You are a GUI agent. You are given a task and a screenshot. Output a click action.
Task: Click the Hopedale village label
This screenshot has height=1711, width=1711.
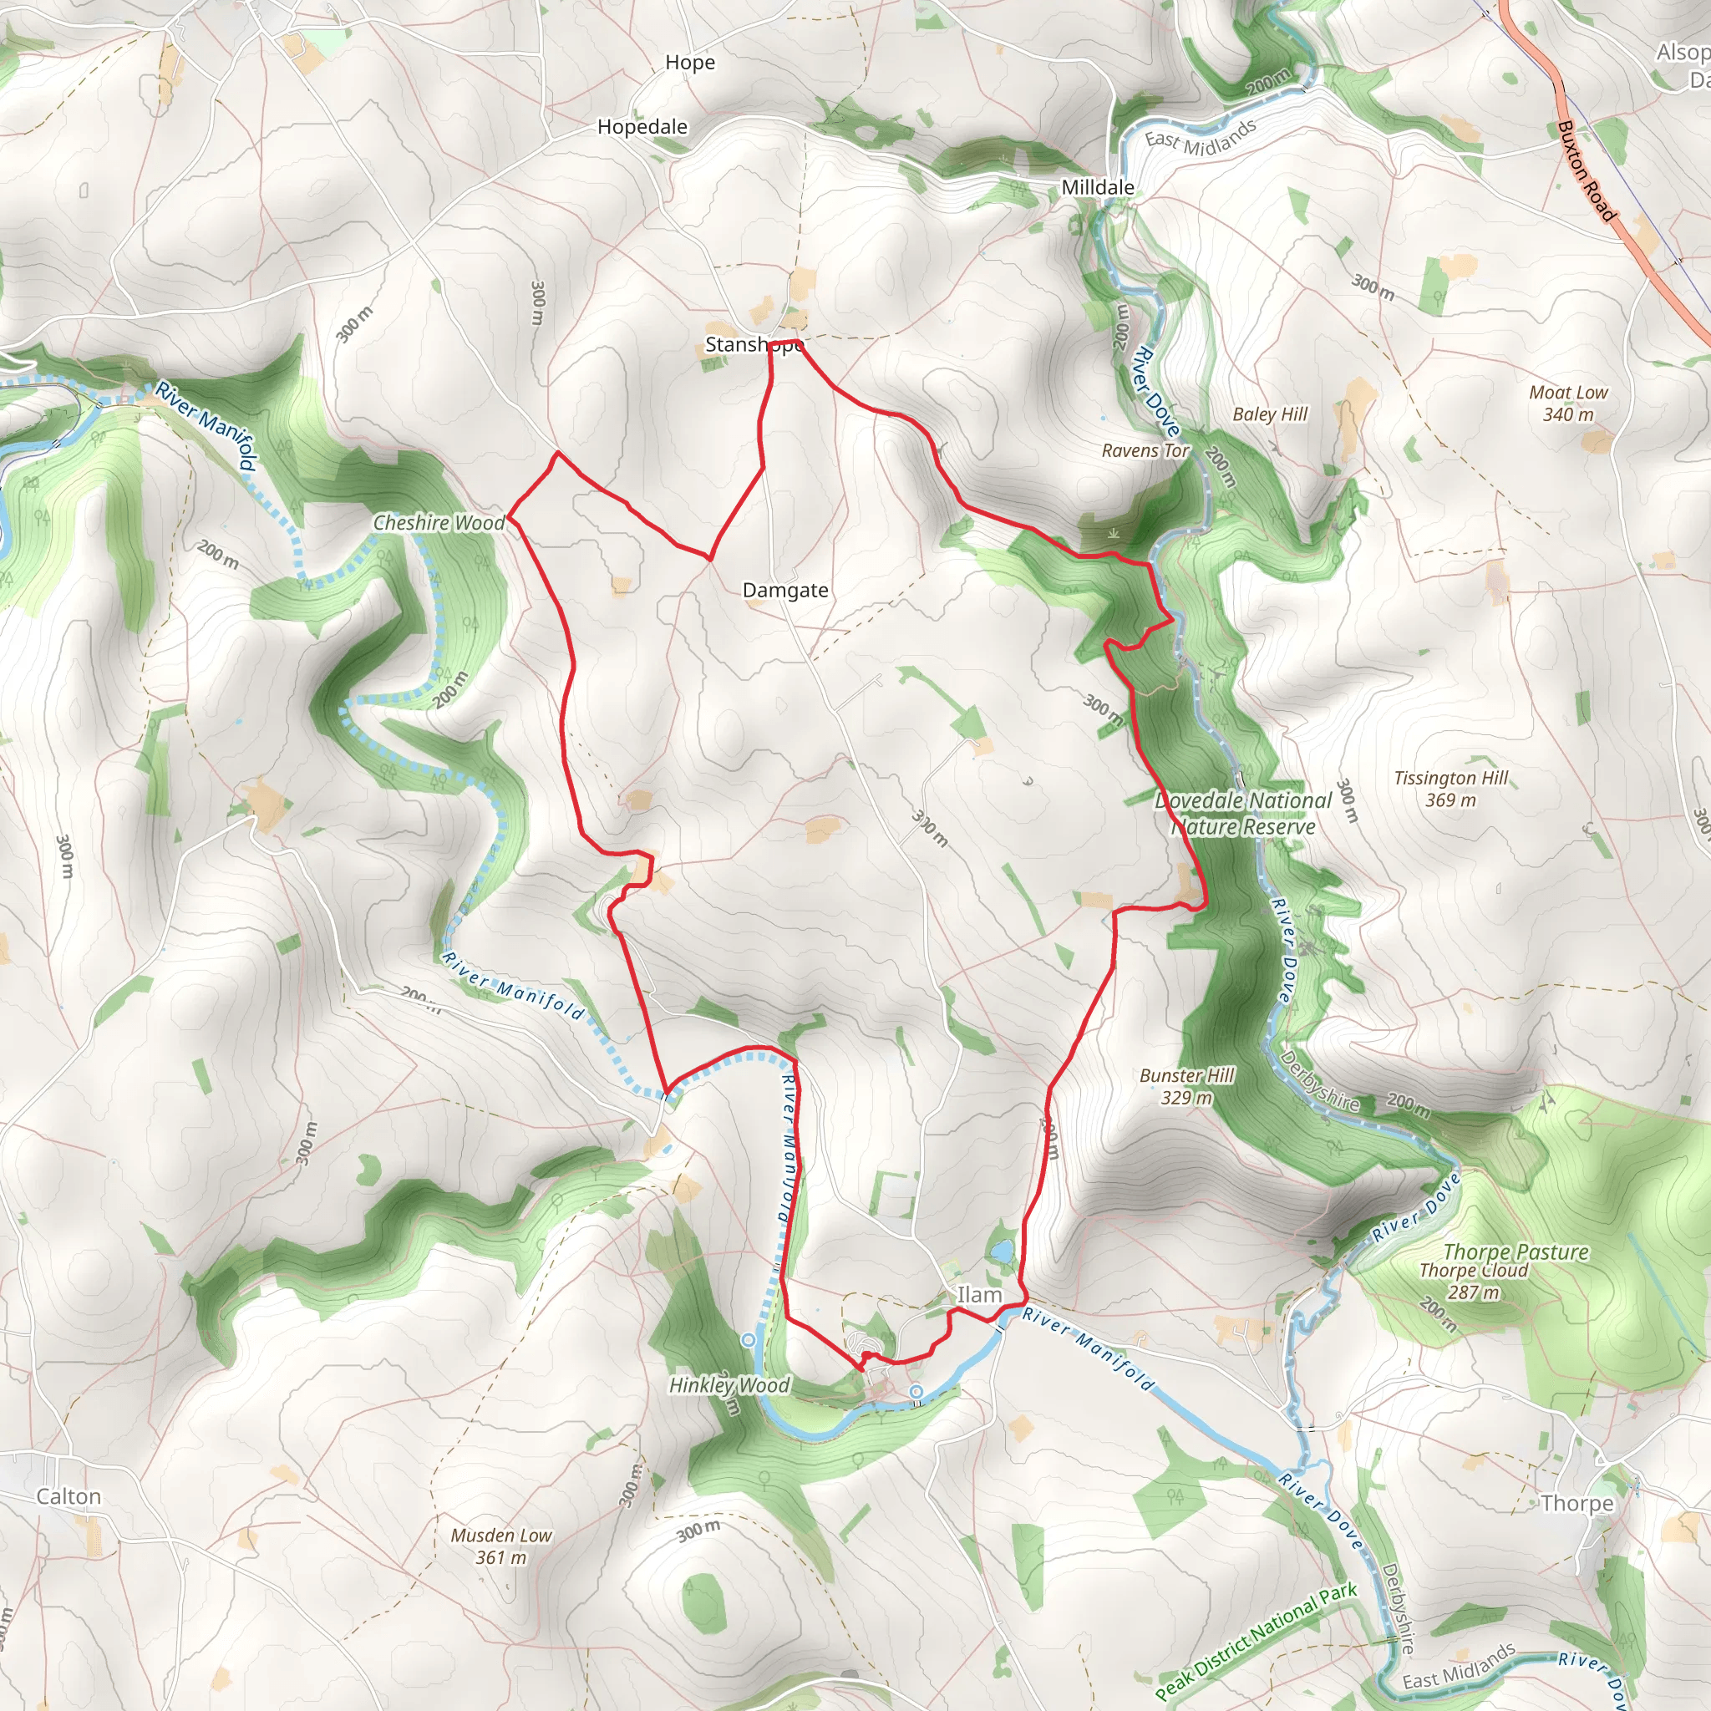642,127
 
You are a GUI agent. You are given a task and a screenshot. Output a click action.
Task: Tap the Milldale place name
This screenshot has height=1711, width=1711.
1097,188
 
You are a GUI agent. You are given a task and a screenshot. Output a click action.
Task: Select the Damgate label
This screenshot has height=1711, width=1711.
784,590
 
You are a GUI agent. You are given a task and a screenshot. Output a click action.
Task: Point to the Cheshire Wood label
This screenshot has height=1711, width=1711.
439,522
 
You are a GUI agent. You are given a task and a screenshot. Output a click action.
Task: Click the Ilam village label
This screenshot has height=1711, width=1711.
979,1295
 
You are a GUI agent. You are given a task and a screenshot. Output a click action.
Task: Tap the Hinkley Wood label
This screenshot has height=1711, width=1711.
728,1385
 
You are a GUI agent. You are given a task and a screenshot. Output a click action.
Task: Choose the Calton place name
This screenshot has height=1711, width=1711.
69,1495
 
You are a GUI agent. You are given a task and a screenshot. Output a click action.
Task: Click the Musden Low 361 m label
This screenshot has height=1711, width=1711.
500,1546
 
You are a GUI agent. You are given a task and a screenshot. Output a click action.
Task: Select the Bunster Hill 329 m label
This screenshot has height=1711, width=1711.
1186,1087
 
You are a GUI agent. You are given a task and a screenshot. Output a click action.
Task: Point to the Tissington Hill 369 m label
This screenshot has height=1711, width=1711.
1450,789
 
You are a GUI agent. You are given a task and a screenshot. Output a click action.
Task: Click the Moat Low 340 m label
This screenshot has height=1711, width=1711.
1567,403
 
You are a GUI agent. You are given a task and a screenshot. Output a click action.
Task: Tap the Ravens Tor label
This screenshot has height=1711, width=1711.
1145,451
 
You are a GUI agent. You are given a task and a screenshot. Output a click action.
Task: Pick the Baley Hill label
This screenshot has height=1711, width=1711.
1269,414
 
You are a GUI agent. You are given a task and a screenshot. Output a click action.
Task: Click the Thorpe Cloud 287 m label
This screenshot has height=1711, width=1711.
1474,1281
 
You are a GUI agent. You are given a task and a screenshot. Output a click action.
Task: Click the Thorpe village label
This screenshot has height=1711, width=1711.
1576,1503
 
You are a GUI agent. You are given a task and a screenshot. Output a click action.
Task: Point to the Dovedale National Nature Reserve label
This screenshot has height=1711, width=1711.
1242,813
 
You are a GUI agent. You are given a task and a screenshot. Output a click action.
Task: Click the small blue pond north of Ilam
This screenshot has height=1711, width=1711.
1001,1252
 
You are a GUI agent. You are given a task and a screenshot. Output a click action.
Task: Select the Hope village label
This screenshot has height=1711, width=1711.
689,63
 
